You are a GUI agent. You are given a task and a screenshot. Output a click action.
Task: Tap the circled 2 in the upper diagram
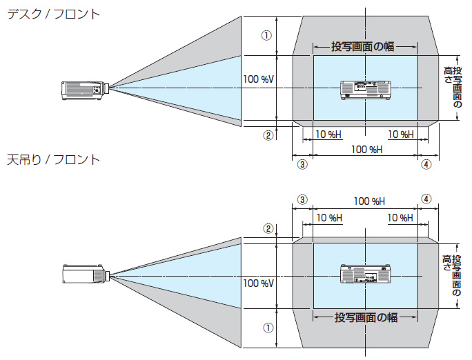coord(268,135)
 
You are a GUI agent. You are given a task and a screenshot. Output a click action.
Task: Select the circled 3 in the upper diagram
coord(302,165)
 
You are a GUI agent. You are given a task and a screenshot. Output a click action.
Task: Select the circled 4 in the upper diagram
coord(426,165)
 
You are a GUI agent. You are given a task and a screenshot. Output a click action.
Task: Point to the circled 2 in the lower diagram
coord(268,228)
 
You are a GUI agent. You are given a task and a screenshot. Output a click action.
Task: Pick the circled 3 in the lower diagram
coord(302,199)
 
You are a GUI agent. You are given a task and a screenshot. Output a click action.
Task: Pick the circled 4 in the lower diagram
coord(426,199)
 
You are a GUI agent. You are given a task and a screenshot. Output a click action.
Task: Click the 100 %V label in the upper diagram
coord(259,79)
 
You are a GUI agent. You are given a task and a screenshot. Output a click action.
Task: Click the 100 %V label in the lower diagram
coord(259,283)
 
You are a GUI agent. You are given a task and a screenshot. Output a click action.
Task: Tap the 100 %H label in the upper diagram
coord(366,150)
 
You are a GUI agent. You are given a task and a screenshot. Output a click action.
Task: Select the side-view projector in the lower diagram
coord(85,274)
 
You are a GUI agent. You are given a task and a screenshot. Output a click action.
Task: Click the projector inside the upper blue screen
coord(366,89)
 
